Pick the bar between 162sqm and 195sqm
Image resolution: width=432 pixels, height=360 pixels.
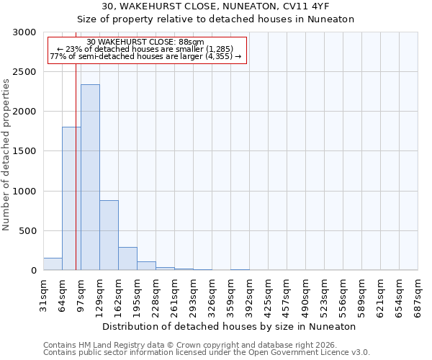[x=127, y=258]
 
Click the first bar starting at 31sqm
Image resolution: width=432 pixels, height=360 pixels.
[x=53, y=264]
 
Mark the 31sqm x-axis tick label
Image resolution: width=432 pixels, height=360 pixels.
[x=44, y=293]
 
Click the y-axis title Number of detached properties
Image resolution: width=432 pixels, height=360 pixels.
[x=6, y=155]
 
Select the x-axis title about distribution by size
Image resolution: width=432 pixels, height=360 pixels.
[x=230, y=326]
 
